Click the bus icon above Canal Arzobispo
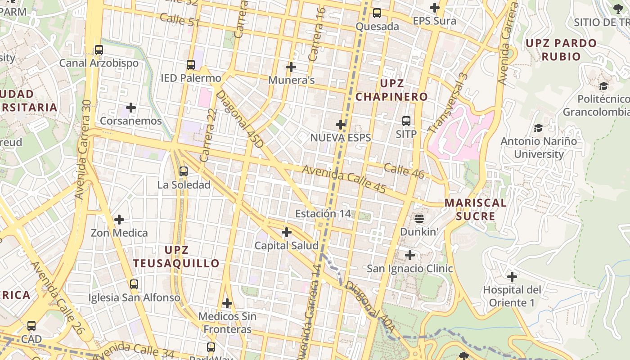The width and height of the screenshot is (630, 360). pyautogui.click(x=99, y=50)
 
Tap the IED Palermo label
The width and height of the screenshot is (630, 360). pyautogui.click(x=191, y=78)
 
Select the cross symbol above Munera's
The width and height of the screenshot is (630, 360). pyautogui.click(x=291, y=67)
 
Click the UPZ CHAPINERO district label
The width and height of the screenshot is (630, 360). pyautogui.click(x=391, y=90)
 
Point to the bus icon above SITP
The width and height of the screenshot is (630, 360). pyautogui.click(x=406, y=121)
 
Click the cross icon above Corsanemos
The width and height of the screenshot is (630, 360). pyautogui.click(x=131, y=108)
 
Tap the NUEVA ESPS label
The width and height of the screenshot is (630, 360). pyautogui.click(x=341, y=137)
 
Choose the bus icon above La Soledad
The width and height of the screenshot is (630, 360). pyautogui.click(x=184, y=171)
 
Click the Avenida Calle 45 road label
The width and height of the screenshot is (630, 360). pyautogui.click(x=344, y=179)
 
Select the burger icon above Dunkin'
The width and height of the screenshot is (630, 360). pyautogui.click(x=419, y=219)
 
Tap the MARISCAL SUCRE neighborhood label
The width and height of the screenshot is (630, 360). pyautogui.click(x=476, y=209)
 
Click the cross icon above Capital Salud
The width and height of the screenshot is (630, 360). pyautogui.click(x=287, y=233)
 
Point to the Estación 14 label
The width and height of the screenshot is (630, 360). pyautogui.click(x=323, y=213)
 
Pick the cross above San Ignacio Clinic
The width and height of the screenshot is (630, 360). pyautogui.click(x=410, y=255)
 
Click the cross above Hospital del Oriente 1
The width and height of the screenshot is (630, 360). pyautogui.click(x=512, y=276)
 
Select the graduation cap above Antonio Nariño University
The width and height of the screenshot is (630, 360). pyautogui.click(x=538, y=128)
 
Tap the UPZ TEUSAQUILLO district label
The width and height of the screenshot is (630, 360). pyautogui.click(x=176, y=256)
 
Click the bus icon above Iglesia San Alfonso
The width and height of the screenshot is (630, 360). pyautogui.click(x=134, y=284)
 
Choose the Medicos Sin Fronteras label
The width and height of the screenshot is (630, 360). pyautogui.click(x=227, y=323)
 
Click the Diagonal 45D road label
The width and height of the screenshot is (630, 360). pyautogui.click(x=240, y=119)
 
